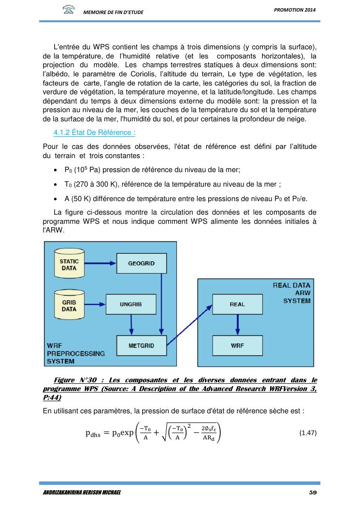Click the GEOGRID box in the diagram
(141, 263)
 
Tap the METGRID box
(141, 346)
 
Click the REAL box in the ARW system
(237, 304)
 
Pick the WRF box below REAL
(237, 346)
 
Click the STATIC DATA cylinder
(69, 264)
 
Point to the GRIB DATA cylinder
(69, 305)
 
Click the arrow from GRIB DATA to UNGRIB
(95, 305)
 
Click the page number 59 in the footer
(312, 493)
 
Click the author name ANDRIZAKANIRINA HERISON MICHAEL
(79, 493)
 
